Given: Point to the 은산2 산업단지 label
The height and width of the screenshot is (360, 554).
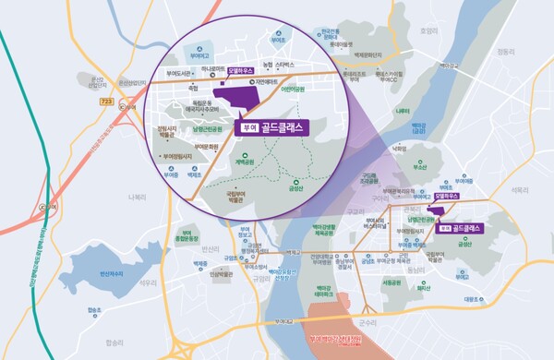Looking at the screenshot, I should (98, 83).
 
